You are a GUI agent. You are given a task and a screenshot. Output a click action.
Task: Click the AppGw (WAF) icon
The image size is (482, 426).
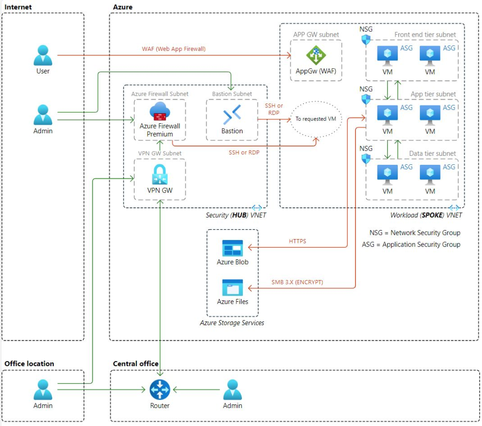(x=316, y=56)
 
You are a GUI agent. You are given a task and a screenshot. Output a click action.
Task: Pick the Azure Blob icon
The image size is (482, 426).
(x=233, y=248)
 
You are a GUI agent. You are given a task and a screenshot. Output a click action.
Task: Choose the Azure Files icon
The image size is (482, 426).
(x=233, y=288)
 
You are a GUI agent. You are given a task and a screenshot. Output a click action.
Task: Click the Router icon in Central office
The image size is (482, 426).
(x=160, y=390)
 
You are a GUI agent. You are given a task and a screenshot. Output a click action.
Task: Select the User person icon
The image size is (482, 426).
(x=43, y=55)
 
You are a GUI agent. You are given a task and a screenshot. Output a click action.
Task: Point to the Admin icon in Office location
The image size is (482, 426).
(x=43, y=390)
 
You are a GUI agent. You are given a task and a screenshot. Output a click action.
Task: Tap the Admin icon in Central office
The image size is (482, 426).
(x=233, y=390)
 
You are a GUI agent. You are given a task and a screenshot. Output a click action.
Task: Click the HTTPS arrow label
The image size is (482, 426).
(x=297, y=241)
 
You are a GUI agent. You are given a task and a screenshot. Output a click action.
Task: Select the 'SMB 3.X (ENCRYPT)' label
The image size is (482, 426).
(x=297, y=282)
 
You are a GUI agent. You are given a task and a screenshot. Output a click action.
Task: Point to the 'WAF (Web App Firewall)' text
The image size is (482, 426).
(x=174, y=49)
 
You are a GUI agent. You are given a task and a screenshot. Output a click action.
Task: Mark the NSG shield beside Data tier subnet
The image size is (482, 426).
(x=366, y=159)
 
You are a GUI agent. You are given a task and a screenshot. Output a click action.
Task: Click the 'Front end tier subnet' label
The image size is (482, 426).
(x=425, y=35)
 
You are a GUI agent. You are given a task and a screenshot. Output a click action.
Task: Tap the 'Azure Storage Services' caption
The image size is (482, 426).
(x=232, y=323)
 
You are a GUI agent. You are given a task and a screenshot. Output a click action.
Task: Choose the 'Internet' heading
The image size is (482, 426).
(x=18, y=7)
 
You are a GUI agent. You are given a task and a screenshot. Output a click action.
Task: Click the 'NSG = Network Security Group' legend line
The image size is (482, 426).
(x=415, y=233)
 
